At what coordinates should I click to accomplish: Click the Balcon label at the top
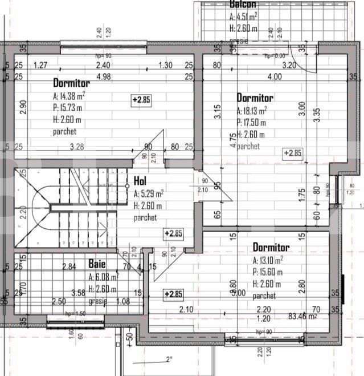tap(243, 4)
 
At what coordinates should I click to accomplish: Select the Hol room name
tap(140, 181)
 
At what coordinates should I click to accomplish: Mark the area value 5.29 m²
tap(149, 194)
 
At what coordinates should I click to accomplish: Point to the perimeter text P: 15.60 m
tap(267, 273)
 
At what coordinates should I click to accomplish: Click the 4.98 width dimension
tap(103, 76)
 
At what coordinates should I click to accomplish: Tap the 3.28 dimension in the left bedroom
tap(77, 147)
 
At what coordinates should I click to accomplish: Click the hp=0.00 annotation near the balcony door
tap(275, 56)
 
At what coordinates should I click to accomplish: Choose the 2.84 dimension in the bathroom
tap(69, 266)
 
